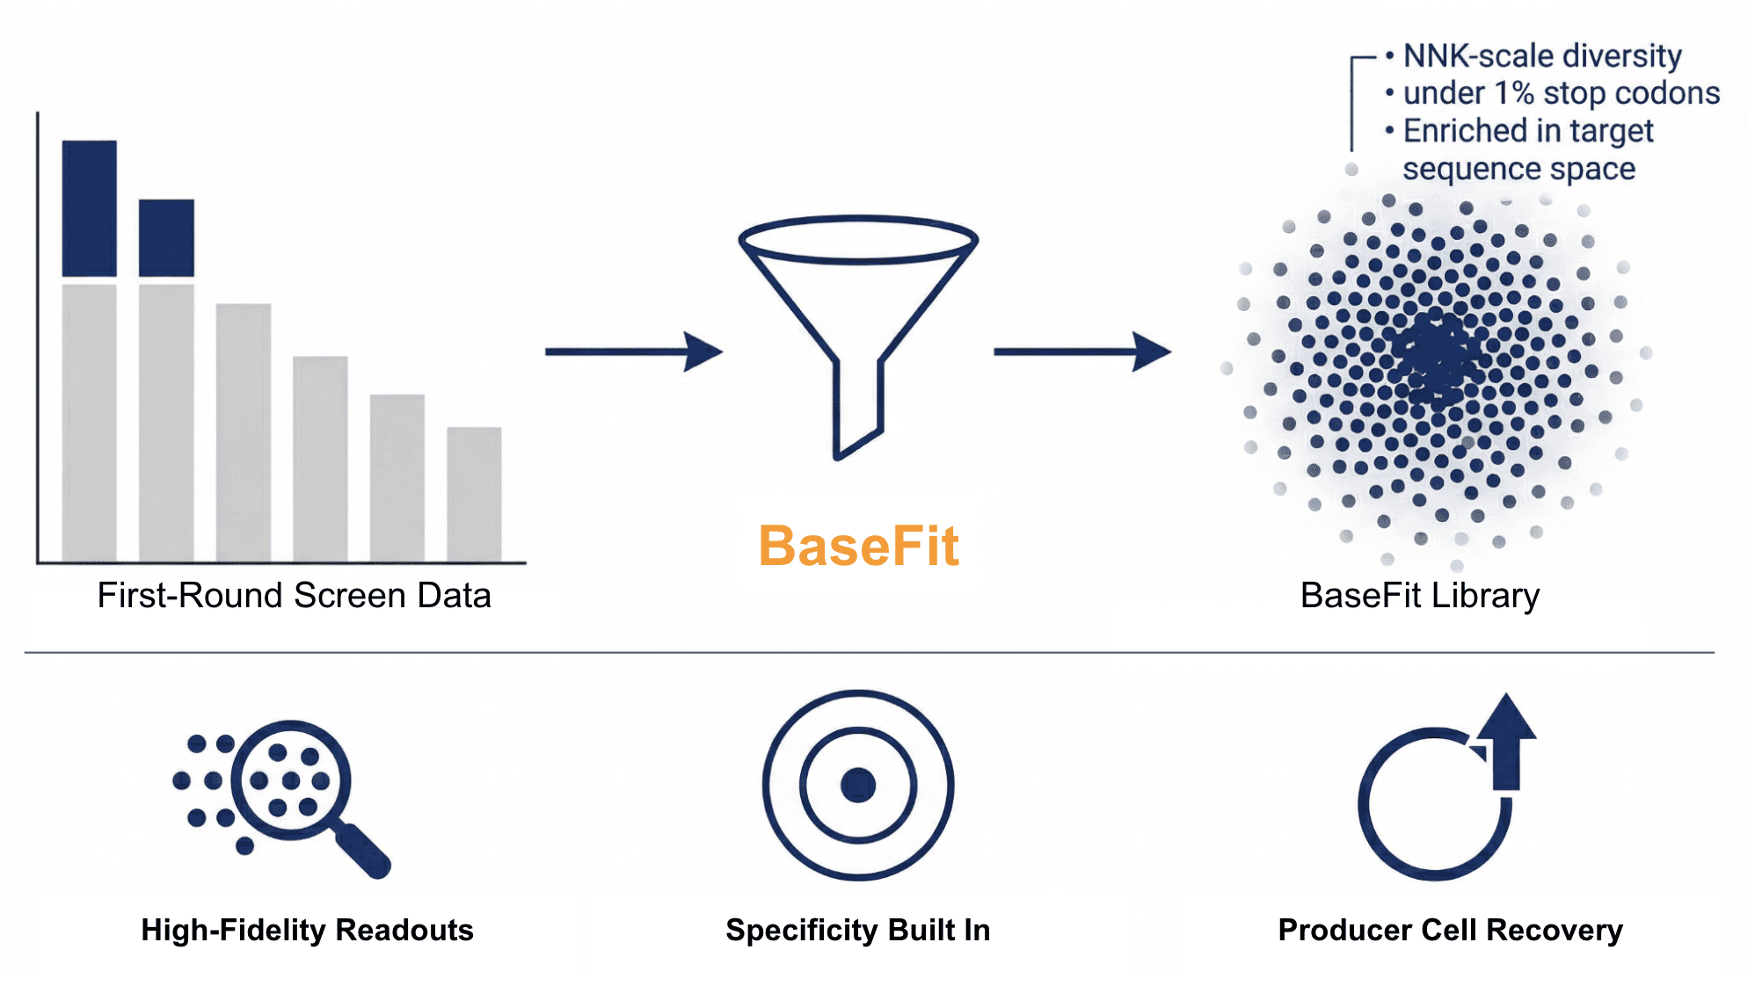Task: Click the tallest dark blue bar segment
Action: [89, 208]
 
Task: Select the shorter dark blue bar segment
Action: [166, 237]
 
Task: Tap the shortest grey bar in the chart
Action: [474, 494]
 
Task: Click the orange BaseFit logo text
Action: [858, 546]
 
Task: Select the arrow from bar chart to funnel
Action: [633, 352]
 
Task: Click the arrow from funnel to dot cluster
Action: [1081, 352]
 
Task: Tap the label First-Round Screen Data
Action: [294, 596]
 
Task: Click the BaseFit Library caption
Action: [1419, 596]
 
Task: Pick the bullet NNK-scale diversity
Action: [1541, 56]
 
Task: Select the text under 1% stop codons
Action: [1561, 93]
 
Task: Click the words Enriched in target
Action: [1527, 131]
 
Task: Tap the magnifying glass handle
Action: [364, 851]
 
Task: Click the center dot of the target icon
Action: [858, 785]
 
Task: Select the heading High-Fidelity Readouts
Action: [307, 930]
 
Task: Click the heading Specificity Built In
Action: [857, 930]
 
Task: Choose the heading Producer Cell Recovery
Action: [1450, 930]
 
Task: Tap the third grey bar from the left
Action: [244, 432]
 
